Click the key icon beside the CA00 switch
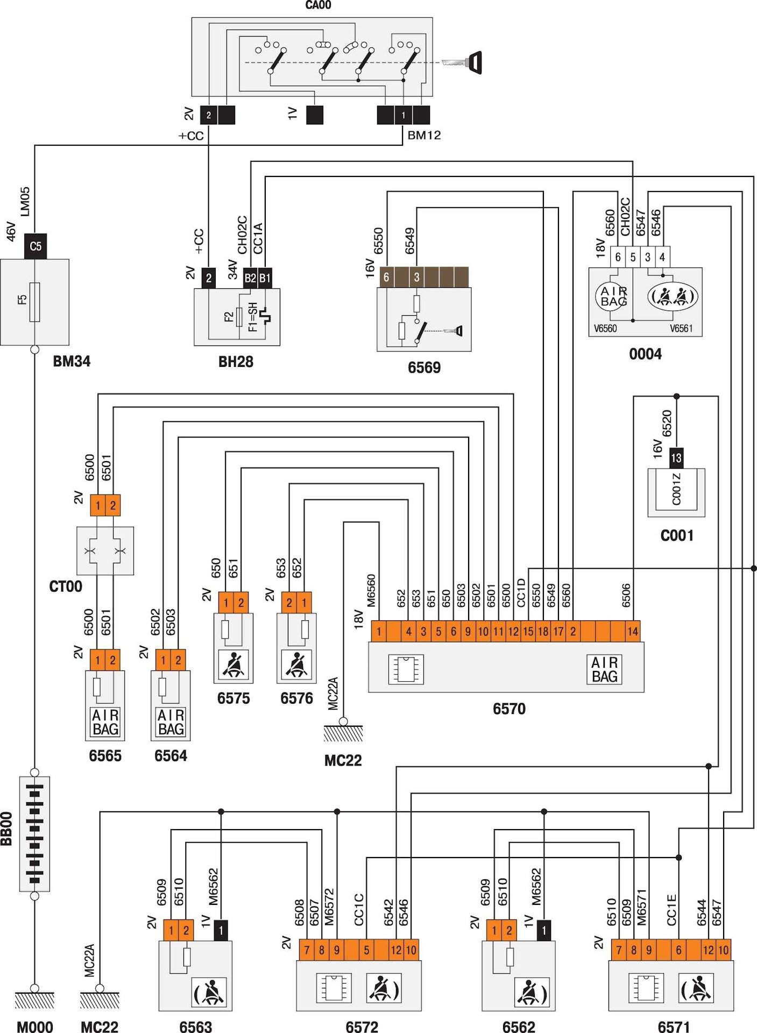pyautogui.click(x=464, y=62)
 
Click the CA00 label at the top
pyautogui.click(x=318, y=5)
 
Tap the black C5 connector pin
pyautogui.click(x=36, y=246)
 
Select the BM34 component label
pyautogui.click(x=72, y=361)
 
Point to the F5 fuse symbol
pyautogui.click(x=34, y=301)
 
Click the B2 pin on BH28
pyautogui.click(x=250, y=278)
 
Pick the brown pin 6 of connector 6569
pyautogui.click(x=386, y=277)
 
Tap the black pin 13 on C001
pyautogui.click(x=676, y=458)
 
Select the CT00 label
pyautogui.click(x=66, y=586)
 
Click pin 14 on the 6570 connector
pyautogui.click(x=633, y=631)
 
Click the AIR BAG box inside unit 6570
pyautogui.click(x=604, y=669)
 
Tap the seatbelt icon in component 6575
pyautogui.click(x=234, y=665)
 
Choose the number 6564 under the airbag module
pyautogui.click(x=171, y=756)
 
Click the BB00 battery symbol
pyautogui.click(x=34, y=834)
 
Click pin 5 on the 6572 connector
pyautogui.click(x=366, y=950)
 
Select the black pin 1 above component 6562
pyautogui.click(x=544, y=930)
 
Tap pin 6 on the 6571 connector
pyautogui.click(x=678, y=950)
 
